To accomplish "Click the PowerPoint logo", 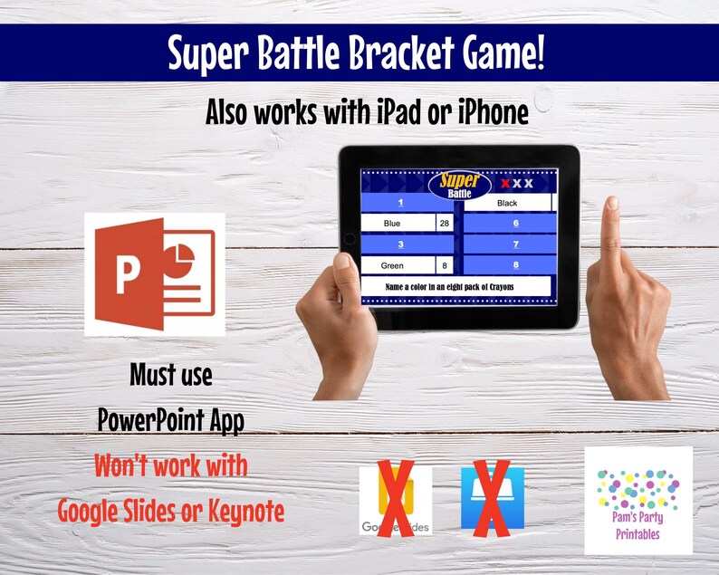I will tap(154, 274).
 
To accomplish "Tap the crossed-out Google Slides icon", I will tap(395, 500).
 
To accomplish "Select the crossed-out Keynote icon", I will tap(493, 497).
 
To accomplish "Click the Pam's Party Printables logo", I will tap(638, 499).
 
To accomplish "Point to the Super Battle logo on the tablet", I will tap(464, 184).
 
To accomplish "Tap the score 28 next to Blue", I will tap(444, 223).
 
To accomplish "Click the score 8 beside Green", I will tap(444, 265).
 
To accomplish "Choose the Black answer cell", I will tap(507, 204).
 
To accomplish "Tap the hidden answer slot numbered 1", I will tap(400, 203).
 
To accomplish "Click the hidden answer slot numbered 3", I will tap(400, 244).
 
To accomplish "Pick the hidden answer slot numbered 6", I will tap(514, 223).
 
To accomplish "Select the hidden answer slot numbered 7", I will tap(514, 244).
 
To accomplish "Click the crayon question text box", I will tap(455, 286).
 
